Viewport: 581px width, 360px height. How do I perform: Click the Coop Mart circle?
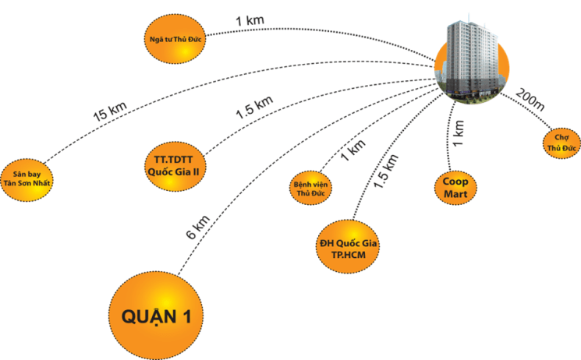coord(455,185)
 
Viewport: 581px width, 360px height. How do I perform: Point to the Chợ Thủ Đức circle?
coord(561,140)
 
